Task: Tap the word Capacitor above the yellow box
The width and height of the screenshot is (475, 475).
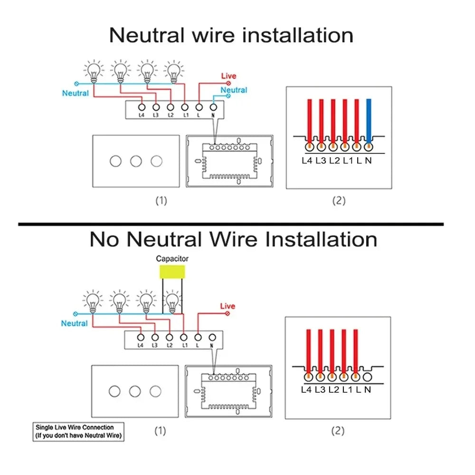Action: coord(172,259)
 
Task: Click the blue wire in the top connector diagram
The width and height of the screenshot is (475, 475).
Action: coord(369,119)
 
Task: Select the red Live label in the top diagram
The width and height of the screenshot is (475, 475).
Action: coord(228,76)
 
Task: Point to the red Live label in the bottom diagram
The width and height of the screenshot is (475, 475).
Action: coord(228,306)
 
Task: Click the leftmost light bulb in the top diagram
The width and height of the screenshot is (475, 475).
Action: coord(94,71)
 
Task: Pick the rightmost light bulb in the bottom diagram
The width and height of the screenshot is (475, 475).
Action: coord(173,301)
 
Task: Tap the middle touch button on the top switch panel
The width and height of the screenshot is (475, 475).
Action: coord(136,161)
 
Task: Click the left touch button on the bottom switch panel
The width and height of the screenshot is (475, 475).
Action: coord(114,391)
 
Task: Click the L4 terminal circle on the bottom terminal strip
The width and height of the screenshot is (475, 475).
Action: coord(141,337)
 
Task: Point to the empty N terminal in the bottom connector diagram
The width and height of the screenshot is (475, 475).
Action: coord(367,378)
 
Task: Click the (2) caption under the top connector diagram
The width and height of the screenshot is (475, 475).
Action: coord(338,200)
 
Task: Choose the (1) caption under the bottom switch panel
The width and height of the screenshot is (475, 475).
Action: coord(161,431)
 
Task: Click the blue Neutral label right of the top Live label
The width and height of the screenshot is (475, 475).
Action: coord(234,90)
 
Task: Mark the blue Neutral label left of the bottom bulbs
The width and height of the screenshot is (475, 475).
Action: coord(75,323)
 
